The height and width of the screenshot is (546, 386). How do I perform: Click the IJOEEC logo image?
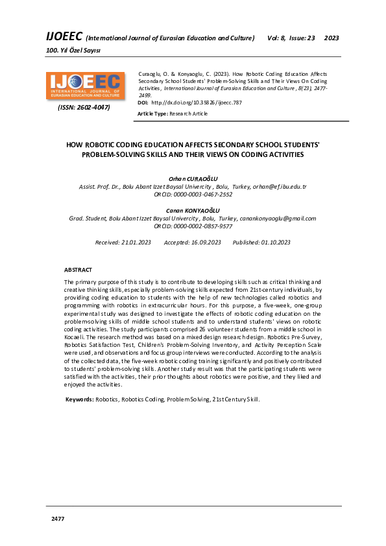pyautogui.click(x=85, y=85)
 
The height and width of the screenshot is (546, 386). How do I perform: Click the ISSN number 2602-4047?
pyautogui.click(x=84, y=107)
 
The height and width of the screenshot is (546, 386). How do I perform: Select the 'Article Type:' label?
pyautogui.click(x=152, y=113)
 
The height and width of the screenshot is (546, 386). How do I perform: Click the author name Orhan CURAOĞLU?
pyautogui.click(x=193, y=178)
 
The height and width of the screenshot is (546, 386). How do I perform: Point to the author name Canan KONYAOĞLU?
pyautogui.click(x=193, y=211)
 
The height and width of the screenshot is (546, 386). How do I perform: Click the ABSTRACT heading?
pyautogui.click(x=78, y=269)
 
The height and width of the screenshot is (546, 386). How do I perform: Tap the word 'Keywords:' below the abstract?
pyautogui.click(x=80, y=399)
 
